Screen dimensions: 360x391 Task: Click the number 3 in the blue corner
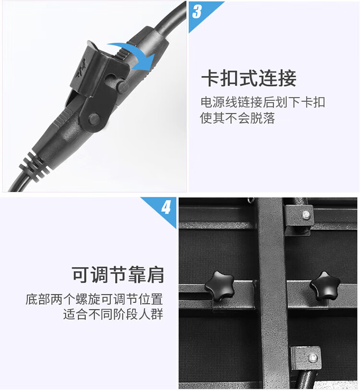click(197, 12)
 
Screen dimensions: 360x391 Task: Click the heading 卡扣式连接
click(249, 78)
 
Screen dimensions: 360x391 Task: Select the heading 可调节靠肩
click(118, 275)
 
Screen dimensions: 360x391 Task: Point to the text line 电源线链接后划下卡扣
click(263, 102)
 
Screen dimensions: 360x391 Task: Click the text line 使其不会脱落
click(238, 118)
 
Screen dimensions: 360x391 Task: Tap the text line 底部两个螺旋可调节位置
click(94, 299)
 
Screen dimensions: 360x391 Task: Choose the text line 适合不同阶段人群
click(113, 314)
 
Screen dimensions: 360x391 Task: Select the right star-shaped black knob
click(324, 285)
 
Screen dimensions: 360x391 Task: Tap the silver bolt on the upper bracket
click(306, 215)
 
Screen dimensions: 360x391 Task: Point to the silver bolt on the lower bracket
click(313, 358)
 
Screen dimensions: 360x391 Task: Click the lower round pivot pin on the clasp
click(94, 119)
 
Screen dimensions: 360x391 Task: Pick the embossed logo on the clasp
click(81, 68)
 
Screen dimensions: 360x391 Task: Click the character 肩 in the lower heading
click(155, 275)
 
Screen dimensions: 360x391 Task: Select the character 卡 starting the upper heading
click(210, 78)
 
